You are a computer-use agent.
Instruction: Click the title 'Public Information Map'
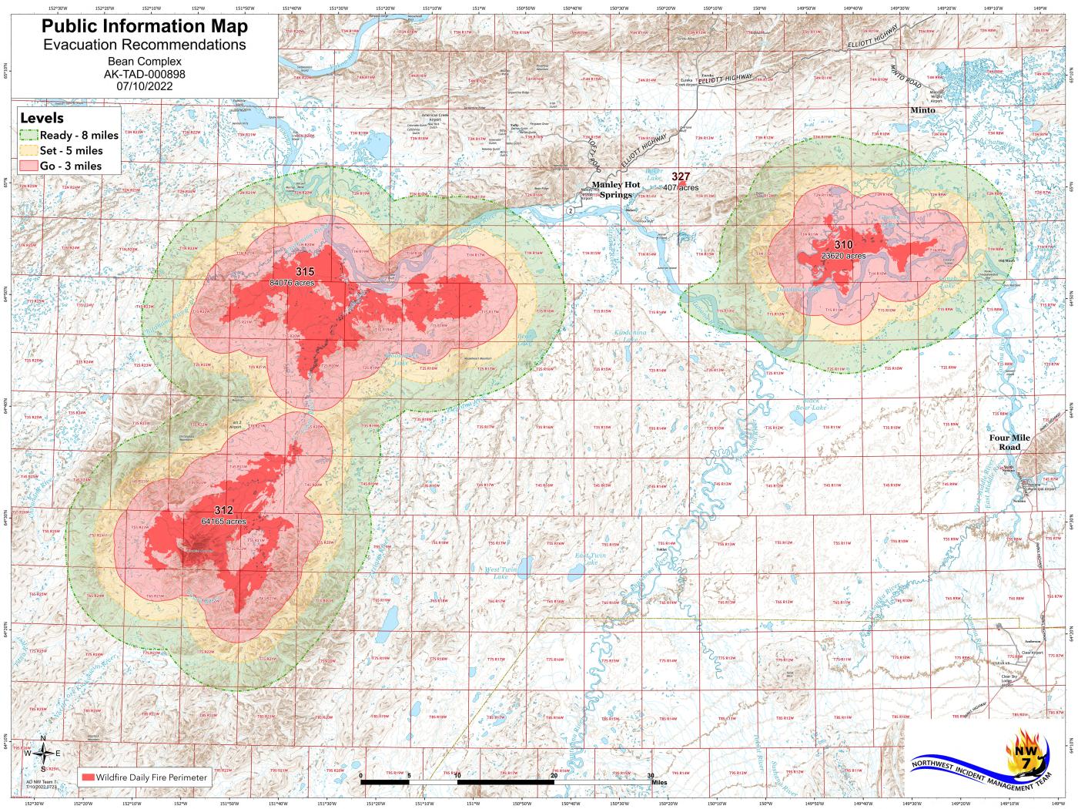145,26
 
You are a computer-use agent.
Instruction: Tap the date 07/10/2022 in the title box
145,86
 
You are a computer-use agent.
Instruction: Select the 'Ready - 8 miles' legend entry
70,135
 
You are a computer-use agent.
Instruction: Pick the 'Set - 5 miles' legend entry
62,150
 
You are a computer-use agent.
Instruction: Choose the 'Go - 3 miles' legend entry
61,166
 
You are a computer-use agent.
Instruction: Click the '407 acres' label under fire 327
681,187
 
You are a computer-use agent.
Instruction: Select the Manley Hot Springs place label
621,190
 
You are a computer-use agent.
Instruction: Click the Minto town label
922,110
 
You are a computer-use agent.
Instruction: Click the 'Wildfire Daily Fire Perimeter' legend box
144,777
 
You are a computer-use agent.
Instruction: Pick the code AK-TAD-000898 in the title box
145,74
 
